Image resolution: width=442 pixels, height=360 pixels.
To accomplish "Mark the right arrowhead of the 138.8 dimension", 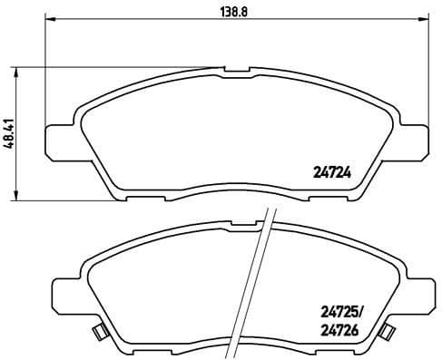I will coord(419,19).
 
